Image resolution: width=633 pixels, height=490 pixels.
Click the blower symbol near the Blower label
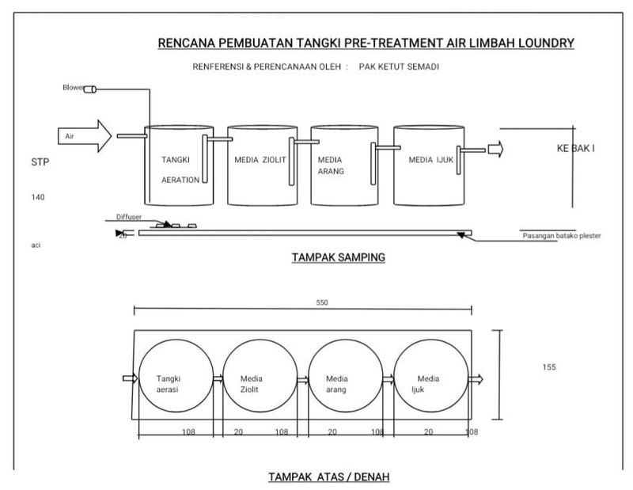click(89, 89)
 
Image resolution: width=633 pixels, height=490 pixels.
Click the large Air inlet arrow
click(86, 136)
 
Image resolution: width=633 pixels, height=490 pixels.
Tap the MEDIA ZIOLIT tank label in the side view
click(260, 159)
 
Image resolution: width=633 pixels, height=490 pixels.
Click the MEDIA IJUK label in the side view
click(430, 159)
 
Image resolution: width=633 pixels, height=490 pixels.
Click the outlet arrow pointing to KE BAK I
click(495, 149)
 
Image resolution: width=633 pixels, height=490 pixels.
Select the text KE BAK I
click(576, 148)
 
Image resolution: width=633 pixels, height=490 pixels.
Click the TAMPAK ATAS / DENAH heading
click(328, 477)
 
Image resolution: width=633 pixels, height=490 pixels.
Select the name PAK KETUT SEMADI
click(399, 66)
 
